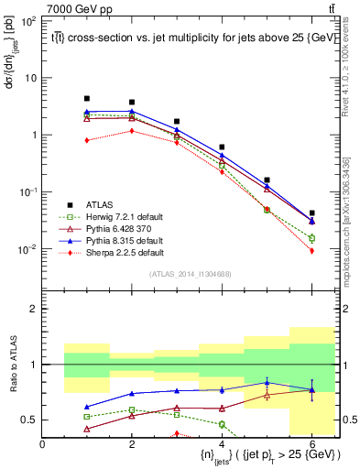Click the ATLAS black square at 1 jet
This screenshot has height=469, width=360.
click(x=87, y=98)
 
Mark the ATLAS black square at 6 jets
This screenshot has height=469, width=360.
click(x=312, y=213)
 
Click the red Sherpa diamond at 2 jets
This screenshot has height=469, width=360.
click(x=132, y=131)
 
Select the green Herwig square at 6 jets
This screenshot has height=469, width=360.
click(x=312, y=238)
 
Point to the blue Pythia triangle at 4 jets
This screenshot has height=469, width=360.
click(x=223, y=155)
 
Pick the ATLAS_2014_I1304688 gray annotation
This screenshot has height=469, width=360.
click(x=189, y=273)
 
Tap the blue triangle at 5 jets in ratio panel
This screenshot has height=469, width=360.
click(x=267, y=382)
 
